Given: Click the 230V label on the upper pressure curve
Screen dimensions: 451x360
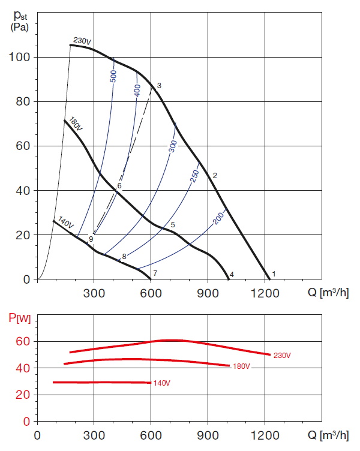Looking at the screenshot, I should [x=82, y=41].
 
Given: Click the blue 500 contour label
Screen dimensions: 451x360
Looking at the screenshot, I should [x=113, y=77].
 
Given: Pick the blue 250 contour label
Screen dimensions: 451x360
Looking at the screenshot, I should [x=194, y=176].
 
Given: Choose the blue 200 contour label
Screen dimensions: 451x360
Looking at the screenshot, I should [x=218, y=220].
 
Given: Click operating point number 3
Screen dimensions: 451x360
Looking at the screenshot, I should [x=159, y=86].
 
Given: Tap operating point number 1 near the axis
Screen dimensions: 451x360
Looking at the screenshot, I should [x=274, y=274].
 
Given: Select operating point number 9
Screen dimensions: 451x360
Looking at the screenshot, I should [x=91, y=239].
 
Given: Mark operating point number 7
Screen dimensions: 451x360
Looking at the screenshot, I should [x=155, y=274].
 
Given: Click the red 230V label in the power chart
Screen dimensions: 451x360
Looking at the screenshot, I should [x=281, y=356].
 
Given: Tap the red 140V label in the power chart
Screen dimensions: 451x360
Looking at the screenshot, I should [x=162, y=383].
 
